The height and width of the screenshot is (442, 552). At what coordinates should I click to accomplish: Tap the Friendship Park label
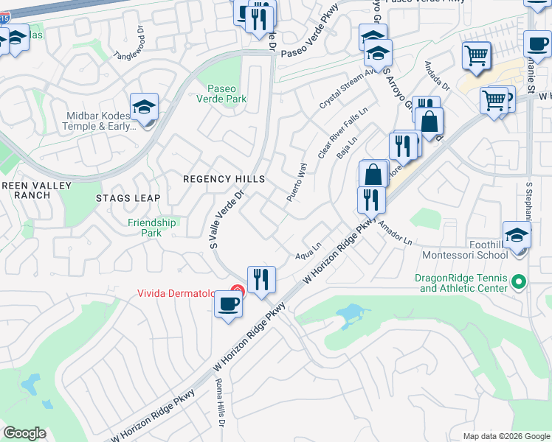coord(152,228)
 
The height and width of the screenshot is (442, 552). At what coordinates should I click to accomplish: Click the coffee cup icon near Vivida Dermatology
coord(228,303)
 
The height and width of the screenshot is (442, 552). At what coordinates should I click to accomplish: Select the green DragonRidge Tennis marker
coord(519,282)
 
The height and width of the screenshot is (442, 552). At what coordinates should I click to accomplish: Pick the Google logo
coord(24,433)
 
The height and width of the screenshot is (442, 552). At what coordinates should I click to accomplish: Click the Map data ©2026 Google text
coord(505,436)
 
